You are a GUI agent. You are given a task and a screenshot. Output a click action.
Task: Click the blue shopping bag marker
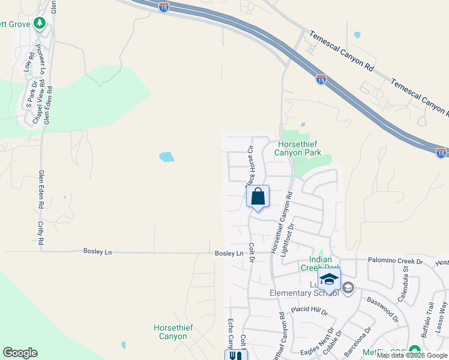pyautogui.click(x=258, y=197)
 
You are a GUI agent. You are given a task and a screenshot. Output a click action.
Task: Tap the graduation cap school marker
pyautogui.click(x=329, y=280)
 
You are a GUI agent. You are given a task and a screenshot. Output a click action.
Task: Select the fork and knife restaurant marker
pyautogui.click(x=236, y=355)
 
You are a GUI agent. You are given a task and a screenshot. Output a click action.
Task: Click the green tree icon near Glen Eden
pyautogui.click(x=40, y=23)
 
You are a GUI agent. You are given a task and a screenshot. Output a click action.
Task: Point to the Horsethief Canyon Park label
pyautogui.click(x=298, y=148)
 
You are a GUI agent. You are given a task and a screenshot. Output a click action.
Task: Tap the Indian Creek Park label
pyautogui.click(x=321, y=263)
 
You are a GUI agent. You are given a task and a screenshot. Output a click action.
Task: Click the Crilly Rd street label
pyautogui.click(x=41, y=232)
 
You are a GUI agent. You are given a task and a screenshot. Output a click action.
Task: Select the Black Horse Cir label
pyautogui.click(x=250, y=168)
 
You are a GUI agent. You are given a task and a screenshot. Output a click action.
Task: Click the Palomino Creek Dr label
pyautogui.click(x=394, y=262)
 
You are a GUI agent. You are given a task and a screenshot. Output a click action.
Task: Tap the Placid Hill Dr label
pyautogui.click(x=309, y=310)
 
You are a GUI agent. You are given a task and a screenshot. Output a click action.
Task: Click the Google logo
pyautogui.click(x=20, y=353)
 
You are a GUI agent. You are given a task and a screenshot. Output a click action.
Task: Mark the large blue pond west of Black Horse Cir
pyautogui.click(x=167, y=157)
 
